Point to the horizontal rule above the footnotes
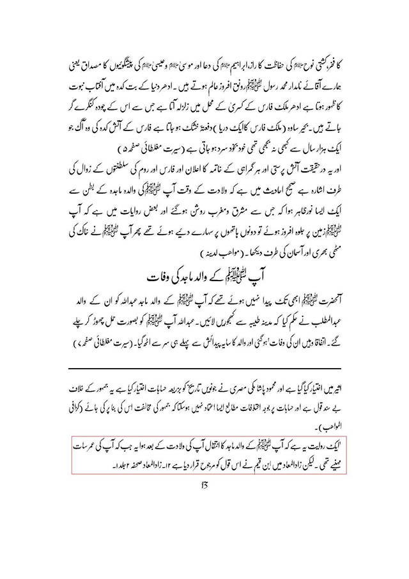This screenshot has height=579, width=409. click(204, 369)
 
